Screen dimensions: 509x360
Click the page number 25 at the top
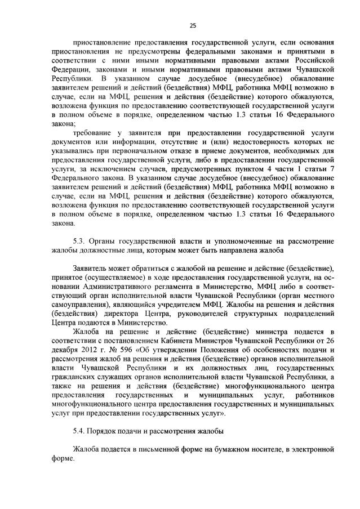(x=192, y=25)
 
